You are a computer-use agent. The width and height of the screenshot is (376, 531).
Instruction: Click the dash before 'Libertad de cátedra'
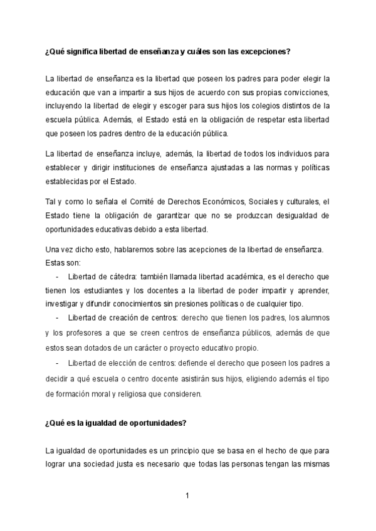coord(58,276)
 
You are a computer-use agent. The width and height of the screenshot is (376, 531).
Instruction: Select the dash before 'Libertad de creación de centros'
coord(58,317)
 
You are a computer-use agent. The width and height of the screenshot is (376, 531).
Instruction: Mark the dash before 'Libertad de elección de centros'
coord(58,363)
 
